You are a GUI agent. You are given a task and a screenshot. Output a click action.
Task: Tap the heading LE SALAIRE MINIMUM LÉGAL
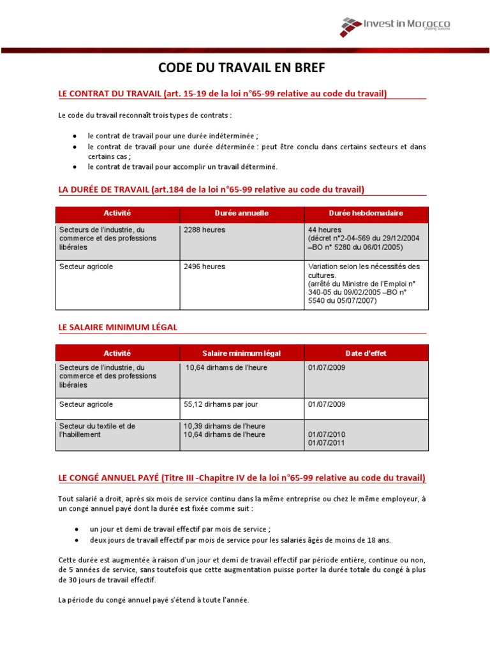[x=118, y=327]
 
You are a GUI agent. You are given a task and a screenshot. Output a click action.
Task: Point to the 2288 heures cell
[x=204, y=230]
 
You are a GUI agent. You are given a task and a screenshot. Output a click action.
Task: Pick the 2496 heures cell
[x=204, y=267]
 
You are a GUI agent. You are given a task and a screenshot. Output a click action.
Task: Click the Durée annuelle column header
[x=241, y=213]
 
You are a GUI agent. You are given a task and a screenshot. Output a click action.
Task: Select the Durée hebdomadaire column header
[x=366, y=213]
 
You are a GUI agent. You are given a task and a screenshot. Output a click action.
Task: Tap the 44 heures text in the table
[x=325, y=230]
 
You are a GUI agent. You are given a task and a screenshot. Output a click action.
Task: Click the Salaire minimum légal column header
[x=241, y=353]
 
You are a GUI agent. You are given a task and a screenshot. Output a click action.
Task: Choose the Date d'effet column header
[x=366, y=353]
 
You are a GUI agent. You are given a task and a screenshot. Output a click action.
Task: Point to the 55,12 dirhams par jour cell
[x=220, y=404]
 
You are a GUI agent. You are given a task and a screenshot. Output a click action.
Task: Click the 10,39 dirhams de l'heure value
[x=224, y=426]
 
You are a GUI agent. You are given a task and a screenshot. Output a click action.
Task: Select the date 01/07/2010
[x=326, y=435]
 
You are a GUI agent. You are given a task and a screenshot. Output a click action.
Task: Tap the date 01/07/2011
[x=326, y=443]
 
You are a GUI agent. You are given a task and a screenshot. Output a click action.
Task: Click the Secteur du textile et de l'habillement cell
[x=97, y=430]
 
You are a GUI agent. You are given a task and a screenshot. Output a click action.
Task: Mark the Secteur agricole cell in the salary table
[x=85, y=404]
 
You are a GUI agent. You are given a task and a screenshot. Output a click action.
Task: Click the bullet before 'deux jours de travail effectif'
[x=76, y=539]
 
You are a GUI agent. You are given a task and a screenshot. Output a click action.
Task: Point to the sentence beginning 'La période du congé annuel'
[x=154, y=600]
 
